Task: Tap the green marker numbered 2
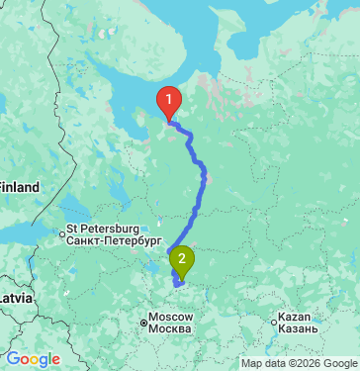[x=182, y=262]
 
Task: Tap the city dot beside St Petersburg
[x=62, y=234]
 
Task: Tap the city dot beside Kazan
[x=275, y=322]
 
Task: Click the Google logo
[x=33, y=360]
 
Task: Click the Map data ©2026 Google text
[x=299, y=363]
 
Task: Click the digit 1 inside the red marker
[x=170, y=99]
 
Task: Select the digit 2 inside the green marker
[x=182, y=259]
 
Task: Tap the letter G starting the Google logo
[x=13, y=360]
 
